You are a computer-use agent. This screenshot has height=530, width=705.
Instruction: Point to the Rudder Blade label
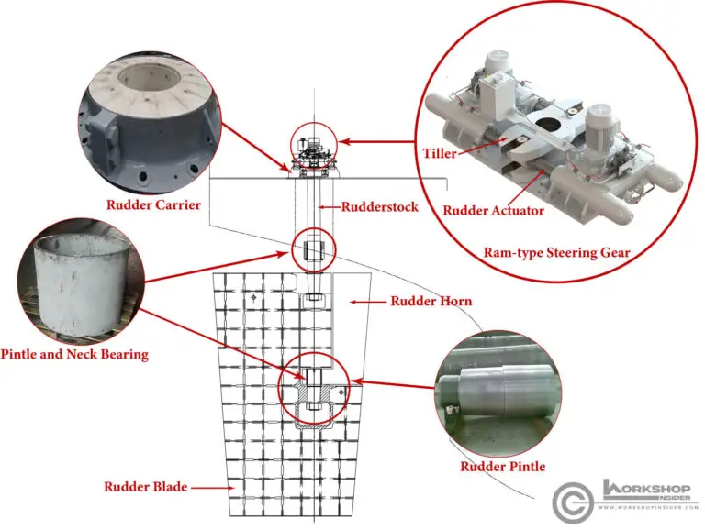tap(145, 487)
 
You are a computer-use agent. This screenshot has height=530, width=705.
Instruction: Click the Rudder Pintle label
tap(502, 467)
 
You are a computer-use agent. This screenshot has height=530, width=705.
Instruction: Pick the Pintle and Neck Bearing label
tap(74, 354)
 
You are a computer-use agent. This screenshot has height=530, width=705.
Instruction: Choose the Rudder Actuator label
tap(493, 211)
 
